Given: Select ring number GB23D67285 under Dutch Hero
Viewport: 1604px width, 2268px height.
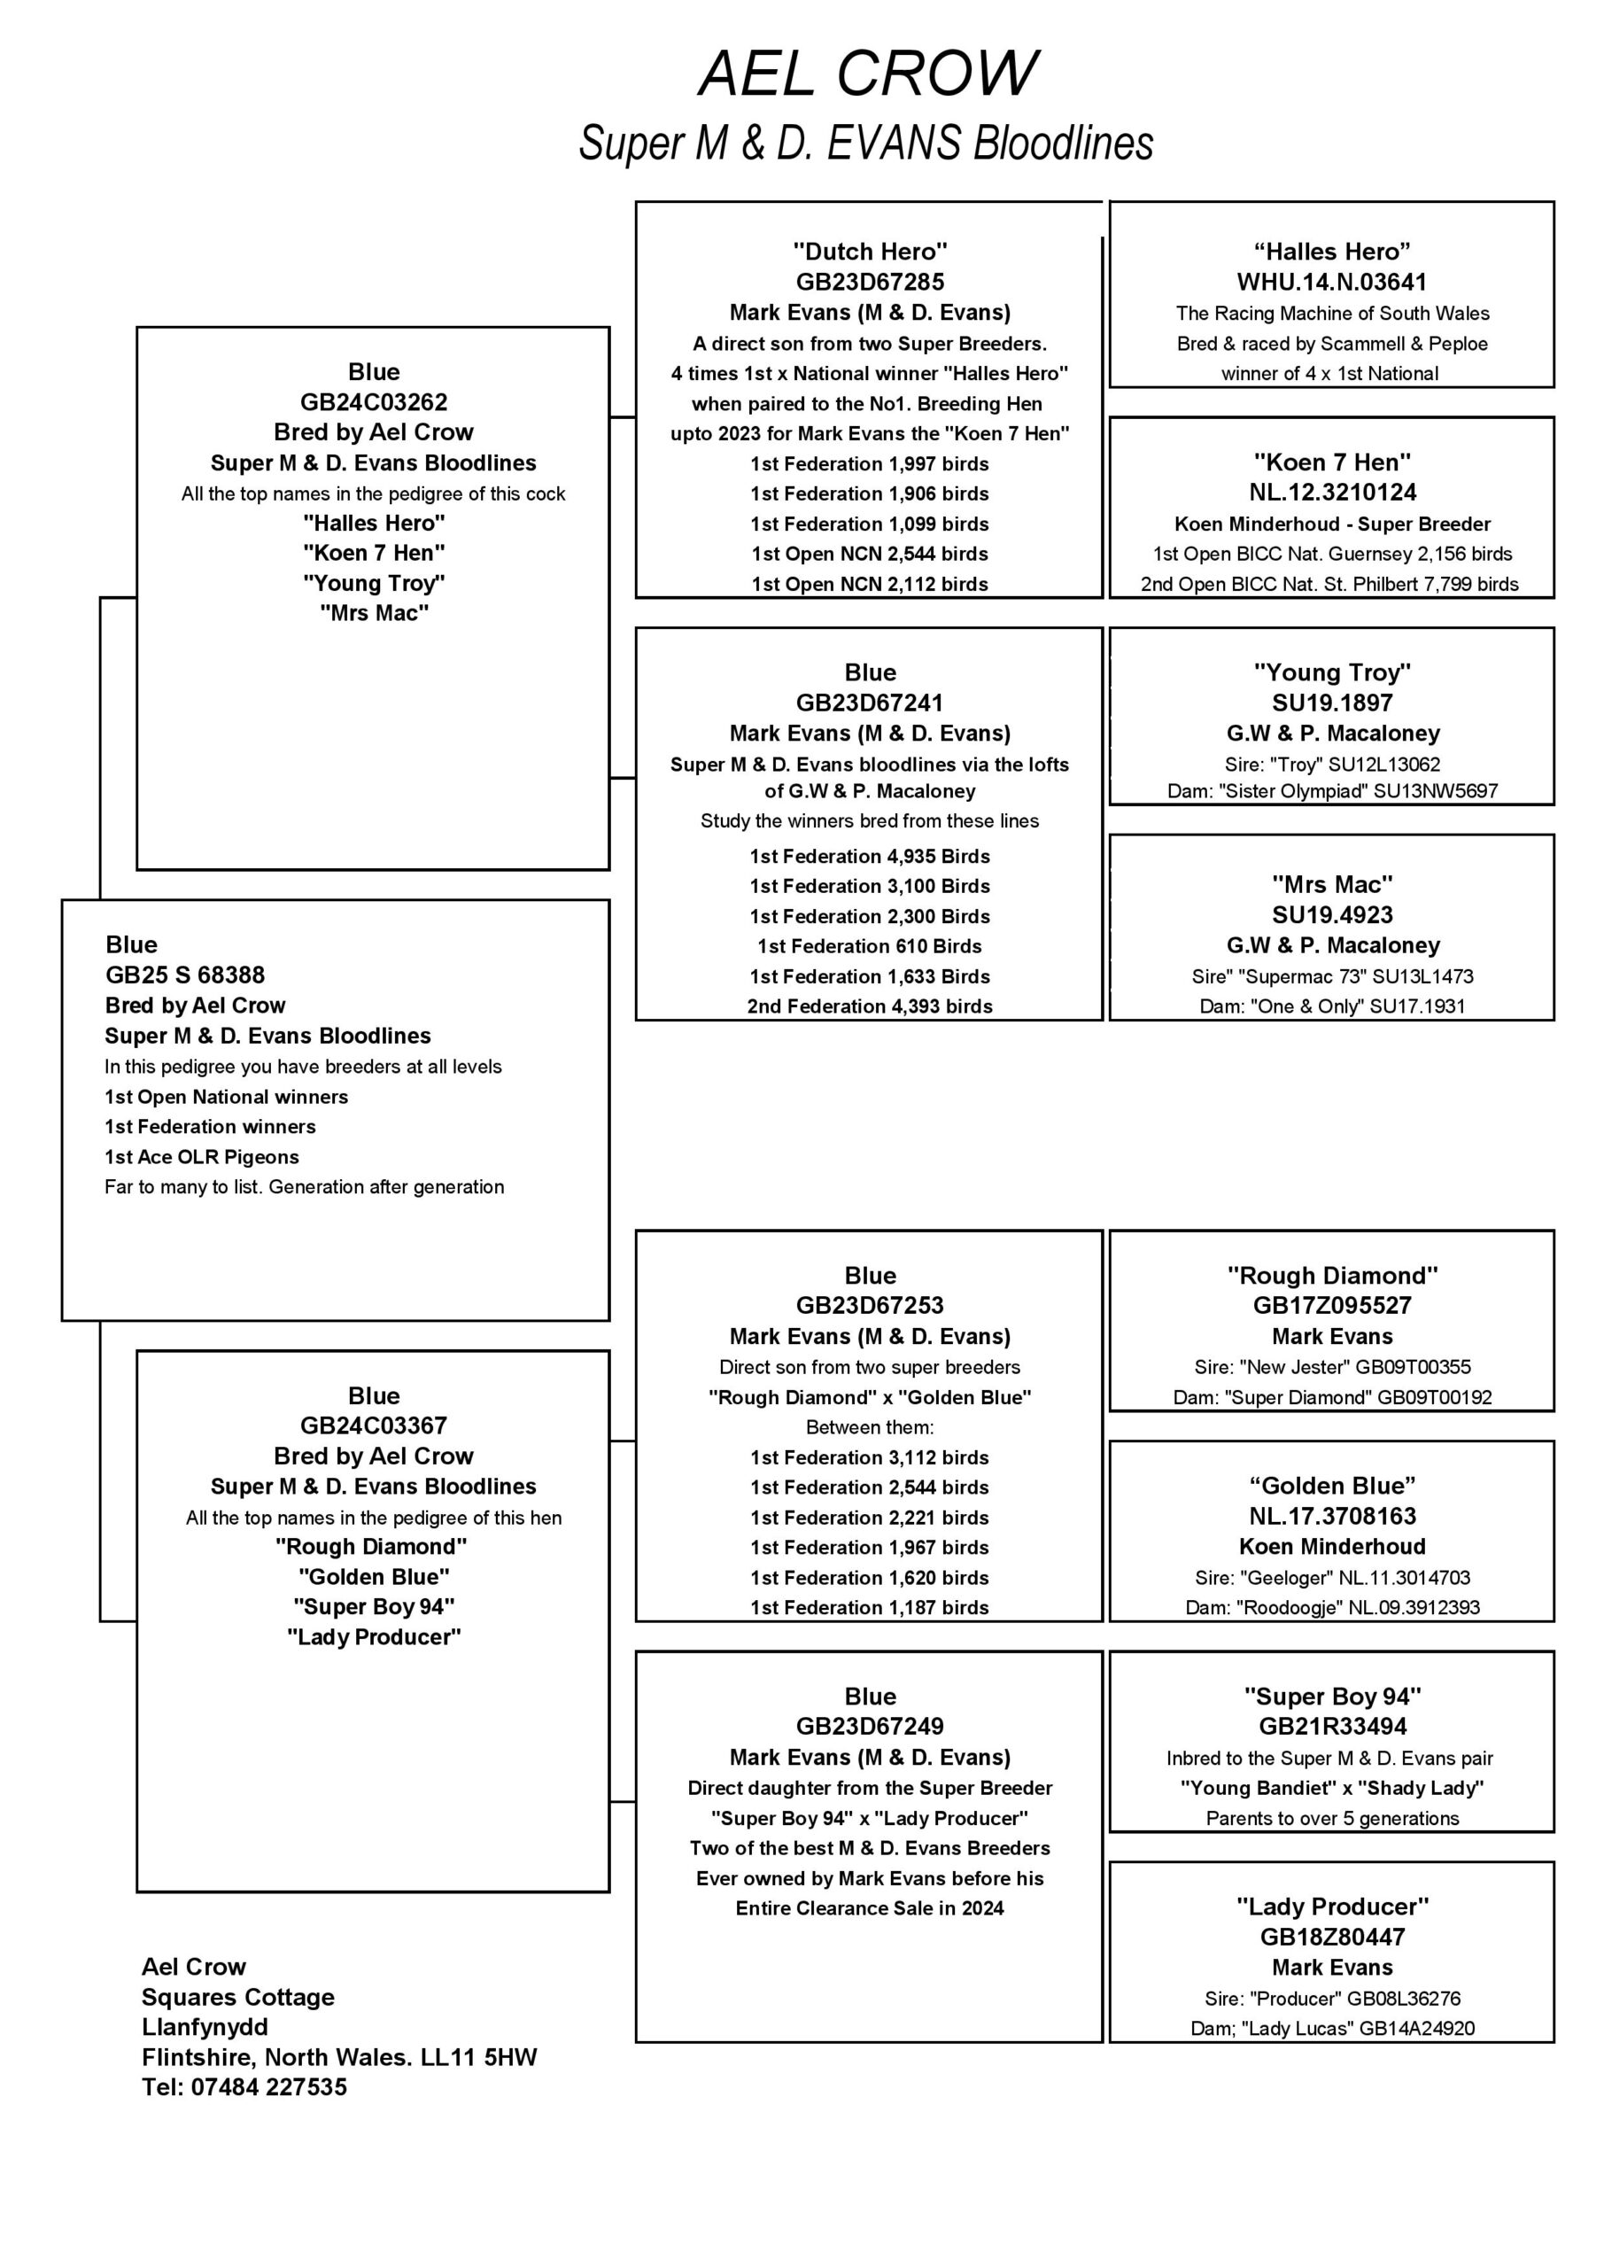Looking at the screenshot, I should pos(869,283).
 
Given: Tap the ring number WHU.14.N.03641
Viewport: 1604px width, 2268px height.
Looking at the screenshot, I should pos(1331,283).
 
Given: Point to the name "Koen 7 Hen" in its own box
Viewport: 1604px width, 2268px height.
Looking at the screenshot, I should pos(1331,462).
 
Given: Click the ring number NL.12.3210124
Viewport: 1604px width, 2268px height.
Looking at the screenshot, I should pos(1331,492).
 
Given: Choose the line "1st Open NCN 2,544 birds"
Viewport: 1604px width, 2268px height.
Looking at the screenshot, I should pos(869,555).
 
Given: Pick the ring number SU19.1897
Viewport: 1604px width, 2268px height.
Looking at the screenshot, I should pos(1331,703).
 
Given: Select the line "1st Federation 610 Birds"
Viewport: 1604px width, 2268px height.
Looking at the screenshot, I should pos(869,946).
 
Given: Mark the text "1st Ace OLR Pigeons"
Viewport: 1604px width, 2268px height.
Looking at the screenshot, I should pos(201,1157).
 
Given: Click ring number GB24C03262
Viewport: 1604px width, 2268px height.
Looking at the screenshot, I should pos(374,402).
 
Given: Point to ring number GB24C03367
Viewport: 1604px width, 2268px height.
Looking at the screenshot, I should pos(374,1425).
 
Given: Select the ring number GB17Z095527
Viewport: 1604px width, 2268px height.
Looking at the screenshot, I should pos(1331,1306).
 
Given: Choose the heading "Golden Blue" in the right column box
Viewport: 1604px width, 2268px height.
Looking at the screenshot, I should pos(1331,1486).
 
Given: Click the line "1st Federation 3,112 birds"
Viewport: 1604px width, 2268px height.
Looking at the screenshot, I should pos(869,1457).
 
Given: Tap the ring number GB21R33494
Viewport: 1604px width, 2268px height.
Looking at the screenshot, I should pos(1331,1727).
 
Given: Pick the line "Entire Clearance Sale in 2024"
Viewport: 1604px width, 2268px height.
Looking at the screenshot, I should pos(869,1908).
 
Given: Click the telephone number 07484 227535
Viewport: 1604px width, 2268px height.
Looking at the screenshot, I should pos(268,2087).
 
